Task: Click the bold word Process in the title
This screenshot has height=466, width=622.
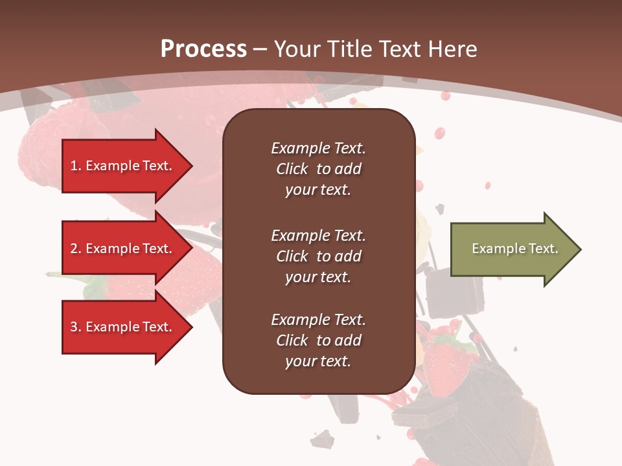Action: click(203, 49)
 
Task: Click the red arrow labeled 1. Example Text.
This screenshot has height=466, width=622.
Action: click(126, 166)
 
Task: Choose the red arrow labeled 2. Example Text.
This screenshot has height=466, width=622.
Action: click(126, 249)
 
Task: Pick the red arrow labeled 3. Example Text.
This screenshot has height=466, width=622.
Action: click(126, 327)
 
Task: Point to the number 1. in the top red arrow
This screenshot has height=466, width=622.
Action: click(76, 166)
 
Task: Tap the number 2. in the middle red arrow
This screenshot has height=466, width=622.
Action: click(76, 249)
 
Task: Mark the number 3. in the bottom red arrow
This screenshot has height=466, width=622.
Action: click(76, 327)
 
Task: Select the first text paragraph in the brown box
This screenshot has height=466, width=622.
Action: click(318, 169)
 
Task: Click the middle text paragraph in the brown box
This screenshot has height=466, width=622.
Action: click(318, 256)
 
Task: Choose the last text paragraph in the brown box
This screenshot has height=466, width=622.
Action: click(318, 340)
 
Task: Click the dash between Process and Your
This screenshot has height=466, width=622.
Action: click(260, 49)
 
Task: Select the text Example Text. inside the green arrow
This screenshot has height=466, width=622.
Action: click(515, 249)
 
